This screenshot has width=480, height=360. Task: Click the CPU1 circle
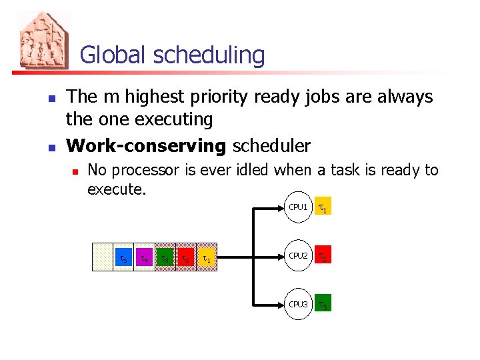[x=297, y=208]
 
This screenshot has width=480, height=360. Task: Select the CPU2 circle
[x=297, y=256]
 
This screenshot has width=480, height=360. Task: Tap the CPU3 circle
[x=297, y=304]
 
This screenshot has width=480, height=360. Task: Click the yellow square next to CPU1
[x=323, y=208]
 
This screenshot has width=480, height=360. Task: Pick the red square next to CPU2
[x=323, y=257]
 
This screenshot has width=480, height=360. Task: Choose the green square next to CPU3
[x=323, y=305]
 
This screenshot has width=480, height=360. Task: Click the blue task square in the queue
[x=123, y=257]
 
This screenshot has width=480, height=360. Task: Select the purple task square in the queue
[x=144, y=257]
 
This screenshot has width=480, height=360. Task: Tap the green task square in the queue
[x=165, y=257]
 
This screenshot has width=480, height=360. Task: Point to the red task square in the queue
[x=187, y=257]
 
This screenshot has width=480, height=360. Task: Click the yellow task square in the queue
[x=208, y=257]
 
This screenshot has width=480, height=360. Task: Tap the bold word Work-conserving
[x=147, y=145]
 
